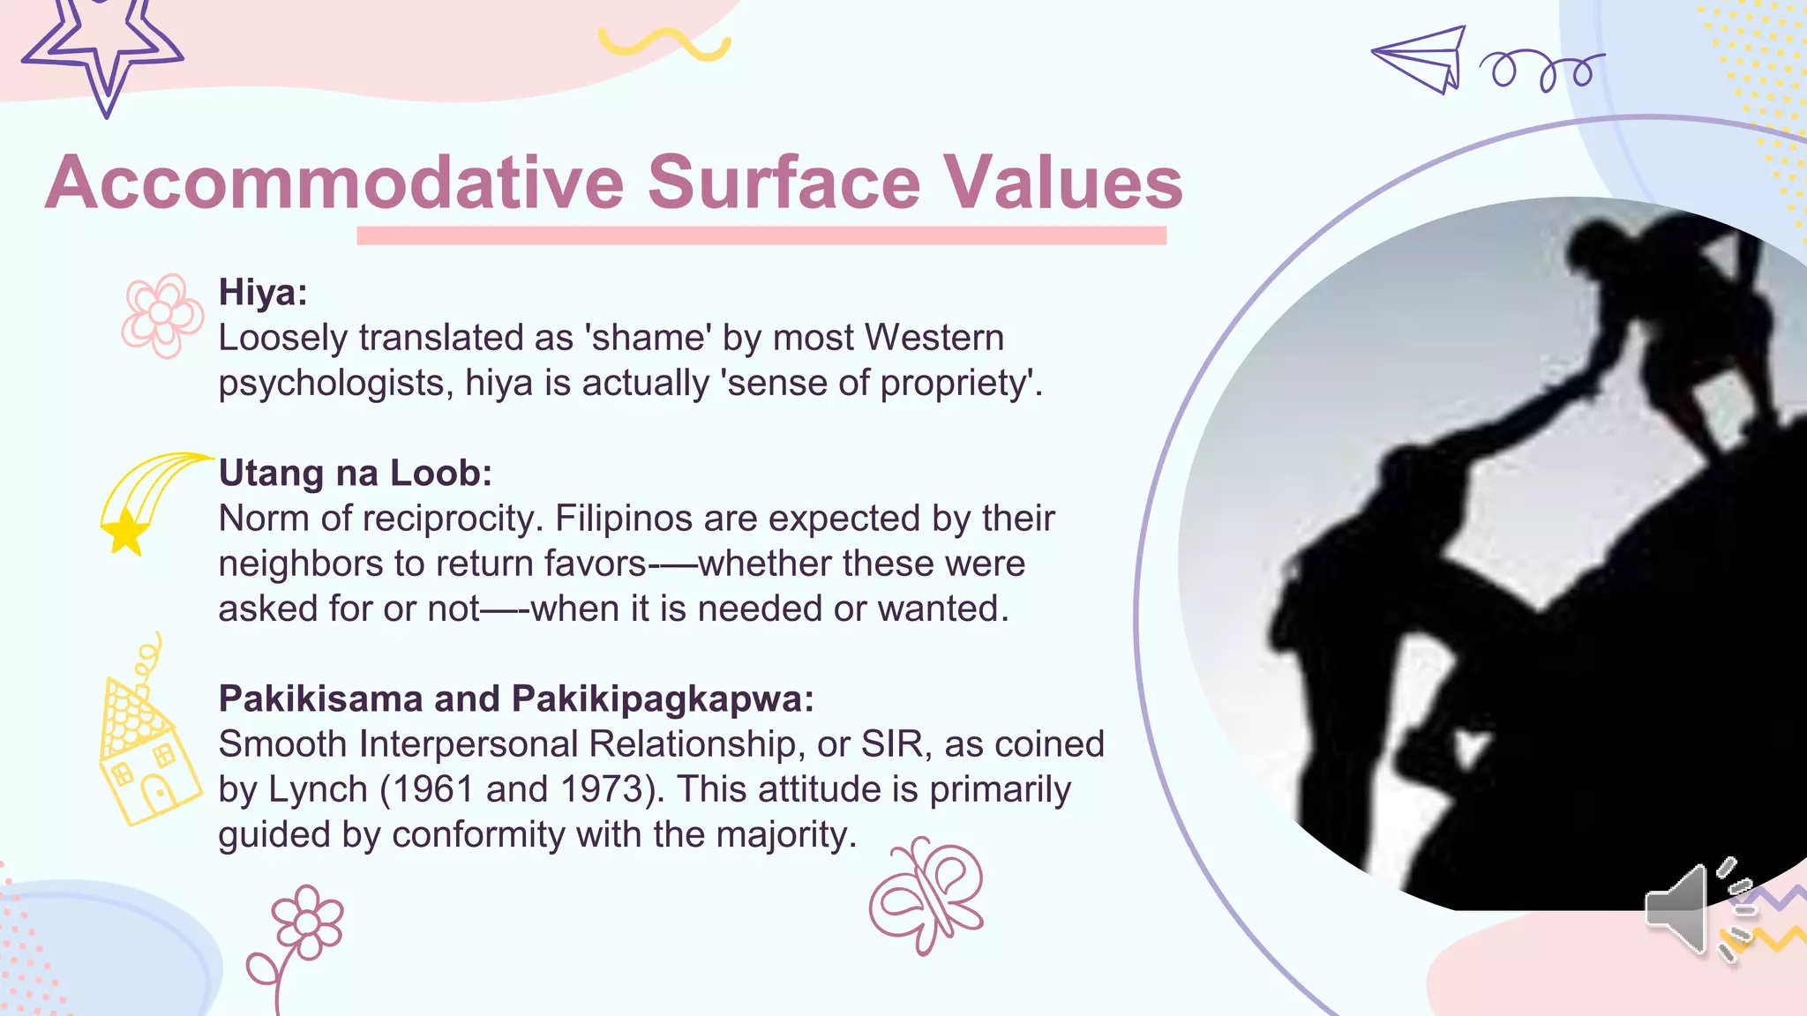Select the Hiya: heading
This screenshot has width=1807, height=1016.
(263, 292)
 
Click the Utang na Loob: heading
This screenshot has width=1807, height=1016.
(355, 474)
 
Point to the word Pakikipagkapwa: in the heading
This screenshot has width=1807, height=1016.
(663, 698)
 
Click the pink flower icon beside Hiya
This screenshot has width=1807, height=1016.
(161, 315)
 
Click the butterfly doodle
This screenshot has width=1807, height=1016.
(926, 895)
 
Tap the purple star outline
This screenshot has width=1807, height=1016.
(103, 49)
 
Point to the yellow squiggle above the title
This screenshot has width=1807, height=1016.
(664, 42)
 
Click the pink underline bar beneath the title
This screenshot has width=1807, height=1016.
(761, 235)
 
